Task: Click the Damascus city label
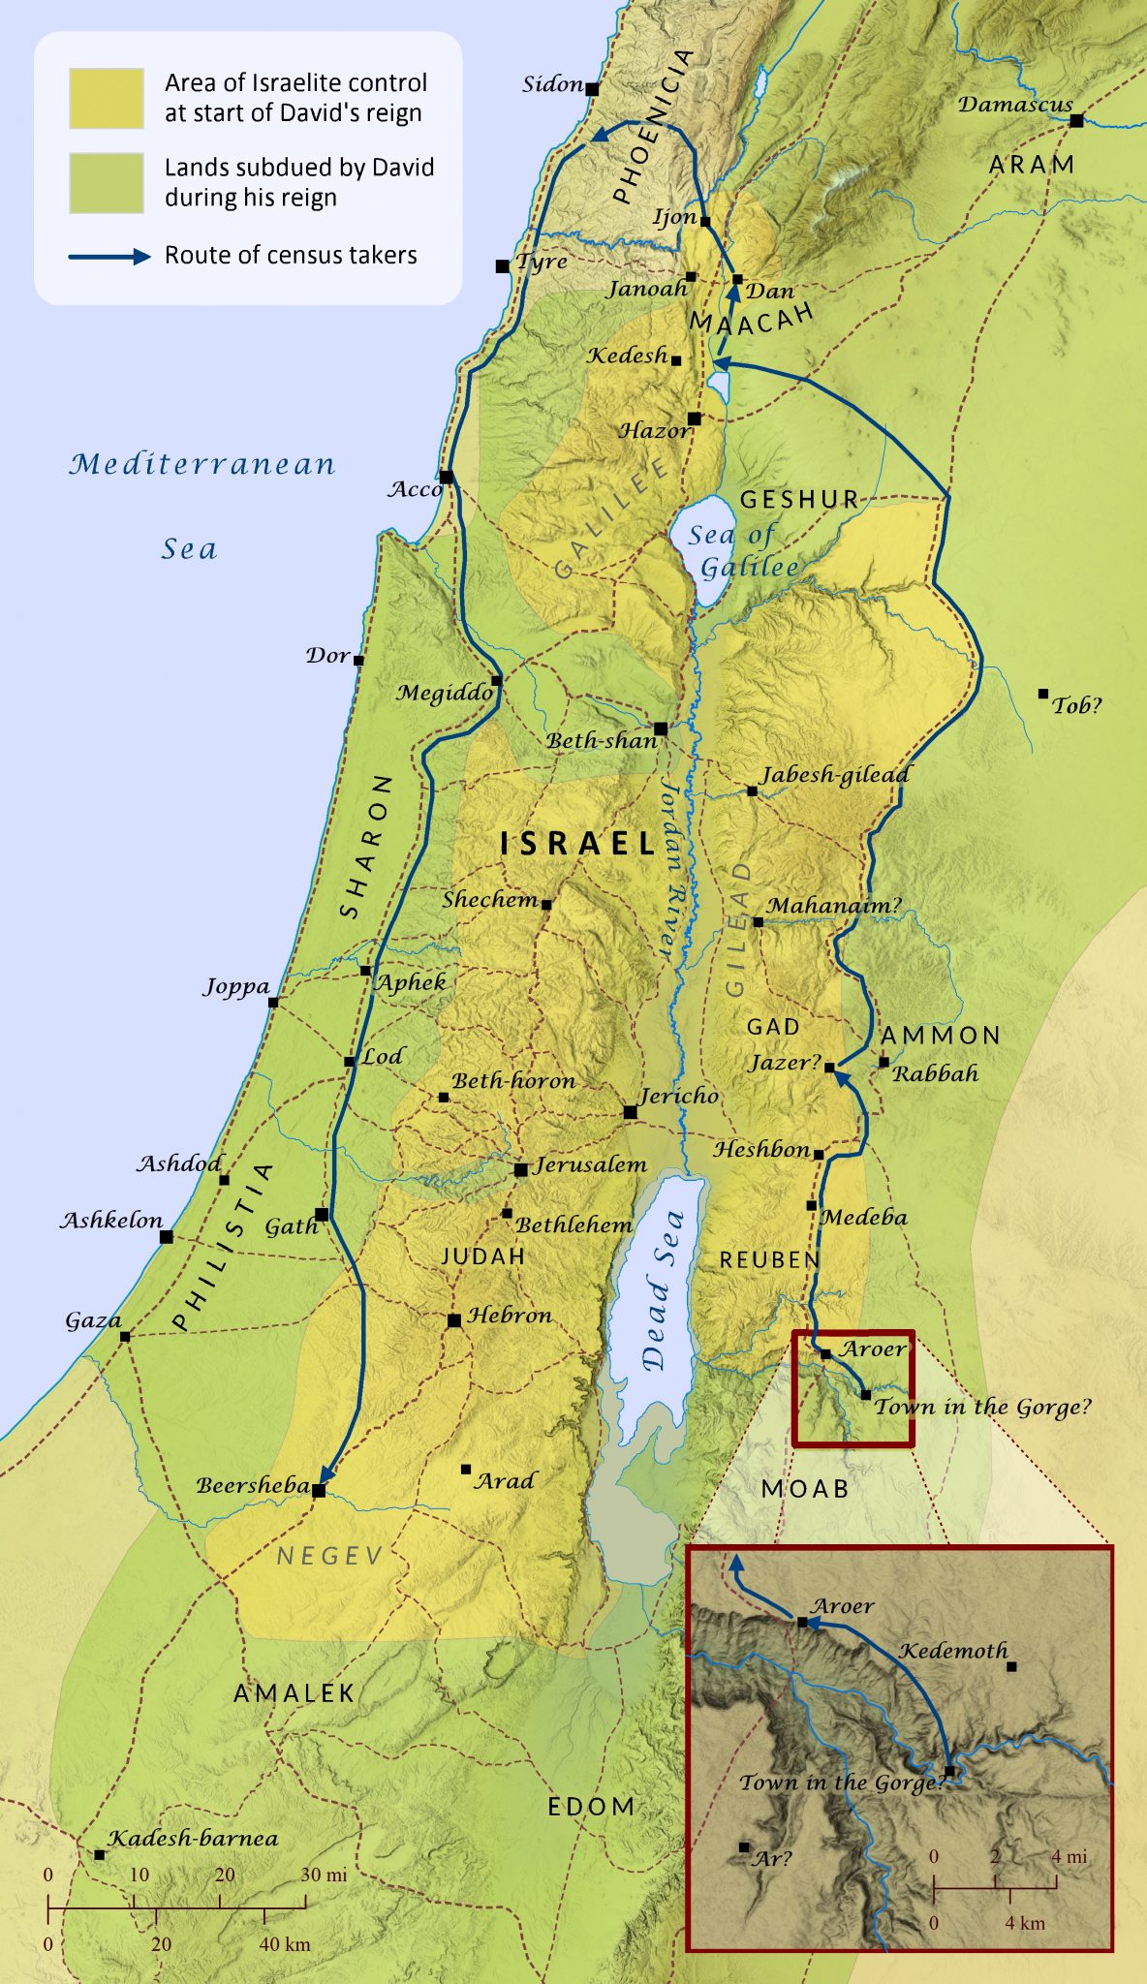point(1015,104)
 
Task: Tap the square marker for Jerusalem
point(520,1169)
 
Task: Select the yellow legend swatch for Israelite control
point(107,98)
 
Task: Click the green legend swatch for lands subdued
point(107,182)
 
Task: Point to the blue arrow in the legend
point(109,257)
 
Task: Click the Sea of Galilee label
point(741,550)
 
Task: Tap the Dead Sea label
point(663,1288)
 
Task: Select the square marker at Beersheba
point(319,1490)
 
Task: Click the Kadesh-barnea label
point(193,1838)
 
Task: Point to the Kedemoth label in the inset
point(953,1651)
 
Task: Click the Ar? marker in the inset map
point(744,1846)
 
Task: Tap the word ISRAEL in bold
point(578,843)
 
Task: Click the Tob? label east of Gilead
point(1077,705)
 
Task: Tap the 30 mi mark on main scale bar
point(306,1901)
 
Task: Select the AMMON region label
point(941,1035)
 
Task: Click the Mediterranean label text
point(201,464)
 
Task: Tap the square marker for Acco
point(446,477)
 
